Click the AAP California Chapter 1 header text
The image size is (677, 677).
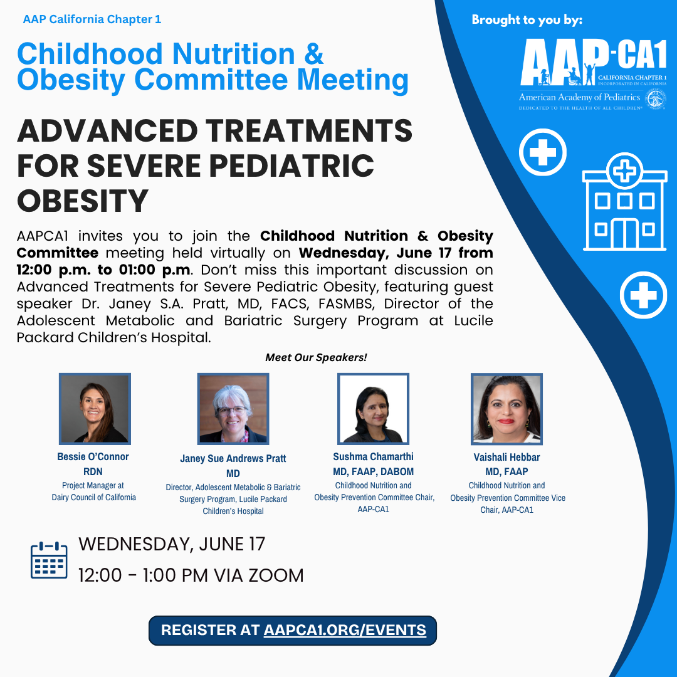[92, 19]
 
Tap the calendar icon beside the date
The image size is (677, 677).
[49, 560]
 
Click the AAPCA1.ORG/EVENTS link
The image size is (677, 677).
[345, 630]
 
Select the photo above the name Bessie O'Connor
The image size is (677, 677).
[95, 409]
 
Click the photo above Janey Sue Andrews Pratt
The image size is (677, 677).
[233, 409]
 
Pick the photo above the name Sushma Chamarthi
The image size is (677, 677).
[373, 409]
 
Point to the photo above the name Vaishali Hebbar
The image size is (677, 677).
[506, 409]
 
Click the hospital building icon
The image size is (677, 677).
[624, 202]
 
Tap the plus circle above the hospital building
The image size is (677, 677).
[543, 152]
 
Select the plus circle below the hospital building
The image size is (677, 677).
[643, 295]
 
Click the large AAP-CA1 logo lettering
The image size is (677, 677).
[594, 61]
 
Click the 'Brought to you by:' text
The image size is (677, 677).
[527, 20]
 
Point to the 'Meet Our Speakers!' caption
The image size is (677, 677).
[316, 357]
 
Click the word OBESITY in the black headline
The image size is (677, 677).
[83, 201]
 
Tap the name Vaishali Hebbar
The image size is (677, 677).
[506, 457]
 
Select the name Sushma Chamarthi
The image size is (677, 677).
[373, 457]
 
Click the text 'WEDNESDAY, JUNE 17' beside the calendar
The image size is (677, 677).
[172, 544]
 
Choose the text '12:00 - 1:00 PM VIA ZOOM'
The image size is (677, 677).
[191, 575]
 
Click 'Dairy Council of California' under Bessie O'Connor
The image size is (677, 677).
[93, 497]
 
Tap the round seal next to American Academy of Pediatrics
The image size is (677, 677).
[656, 99]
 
